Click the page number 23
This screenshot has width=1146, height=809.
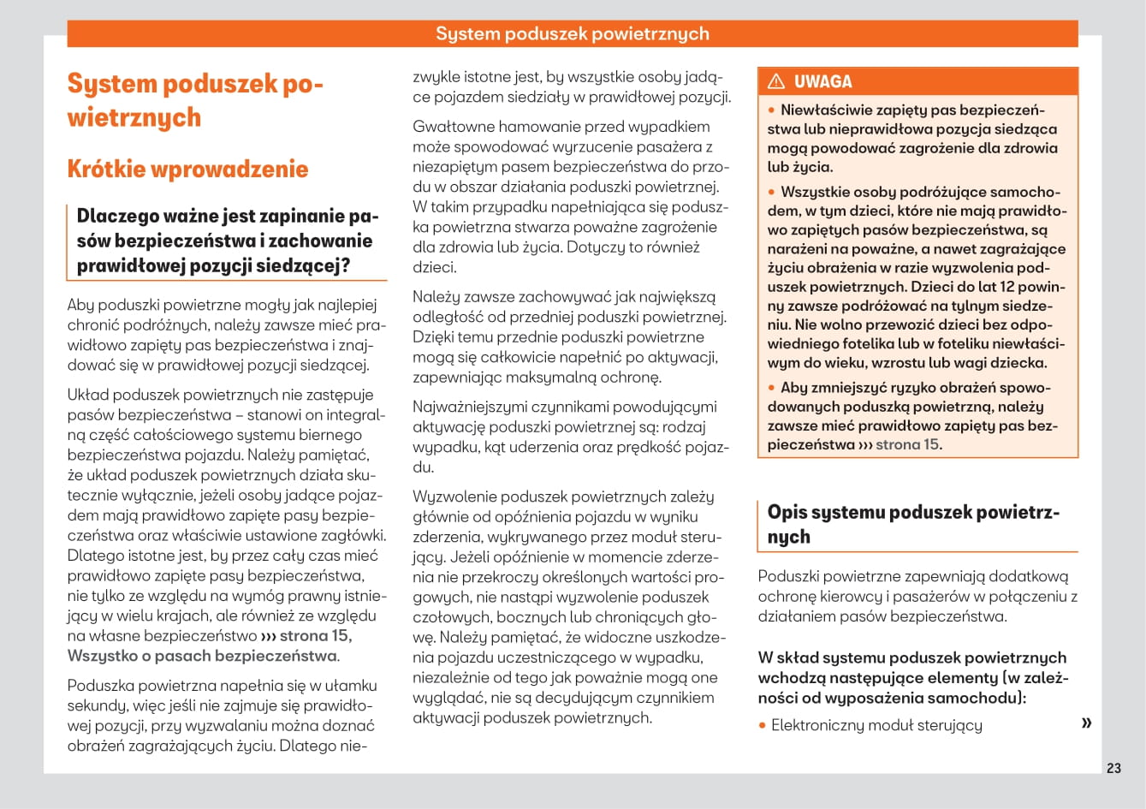click(x=1113, y=768)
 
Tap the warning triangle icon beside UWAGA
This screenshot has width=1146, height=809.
click(x=776, y=82)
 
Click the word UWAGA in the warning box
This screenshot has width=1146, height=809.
click(x=822, y=82)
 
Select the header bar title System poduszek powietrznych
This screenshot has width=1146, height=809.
click(x=572, y=33)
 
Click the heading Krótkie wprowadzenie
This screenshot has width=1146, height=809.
click(x=187, y=169)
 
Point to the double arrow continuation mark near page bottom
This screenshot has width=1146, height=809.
click(x=1086, y=723)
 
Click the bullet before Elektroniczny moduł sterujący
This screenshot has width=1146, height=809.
click(x=762, y=726)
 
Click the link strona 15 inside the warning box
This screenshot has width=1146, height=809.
click(x=907, y=444)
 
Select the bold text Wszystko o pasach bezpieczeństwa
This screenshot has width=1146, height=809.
click(x=202, y=656)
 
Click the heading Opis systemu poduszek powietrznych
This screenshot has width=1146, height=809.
click(x=913, y=524)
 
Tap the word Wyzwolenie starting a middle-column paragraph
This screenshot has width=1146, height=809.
click(x=454, y=497)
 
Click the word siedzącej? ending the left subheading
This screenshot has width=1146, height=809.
click(x=309, y=265)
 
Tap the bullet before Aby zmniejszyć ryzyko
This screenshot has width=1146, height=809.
click(x=771, y=388)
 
